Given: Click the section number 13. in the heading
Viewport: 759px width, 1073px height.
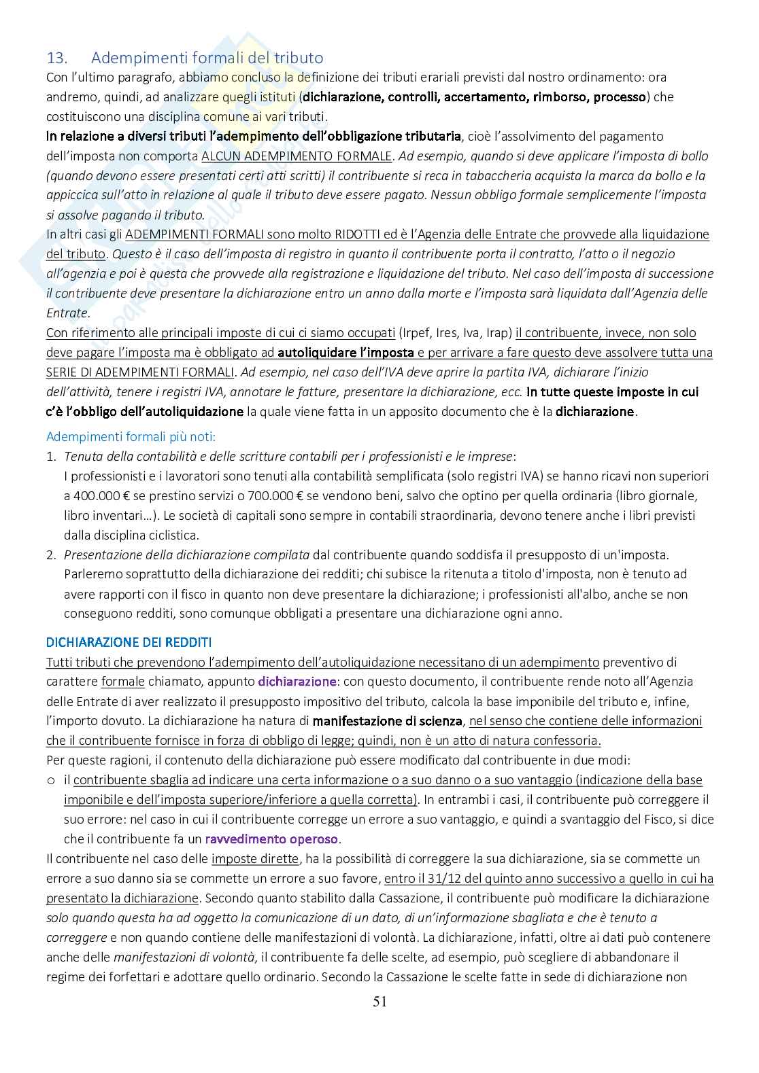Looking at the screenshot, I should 55,58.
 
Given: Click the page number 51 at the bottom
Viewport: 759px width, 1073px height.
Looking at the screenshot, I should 380,1001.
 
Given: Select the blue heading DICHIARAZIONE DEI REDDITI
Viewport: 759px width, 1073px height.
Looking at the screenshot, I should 129,642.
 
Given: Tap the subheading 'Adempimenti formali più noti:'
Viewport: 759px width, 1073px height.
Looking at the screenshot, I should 131,437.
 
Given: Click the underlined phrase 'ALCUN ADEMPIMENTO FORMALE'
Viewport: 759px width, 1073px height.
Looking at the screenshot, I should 297,156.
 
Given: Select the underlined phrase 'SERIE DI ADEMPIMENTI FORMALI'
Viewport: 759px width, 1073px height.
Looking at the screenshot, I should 140,372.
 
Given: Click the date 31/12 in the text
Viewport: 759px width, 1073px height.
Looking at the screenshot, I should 444,878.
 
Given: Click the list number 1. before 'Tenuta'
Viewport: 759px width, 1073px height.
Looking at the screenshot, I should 51,457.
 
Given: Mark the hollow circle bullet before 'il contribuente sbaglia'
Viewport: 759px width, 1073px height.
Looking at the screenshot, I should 51,780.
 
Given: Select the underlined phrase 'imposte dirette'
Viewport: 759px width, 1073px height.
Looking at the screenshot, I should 255,858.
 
